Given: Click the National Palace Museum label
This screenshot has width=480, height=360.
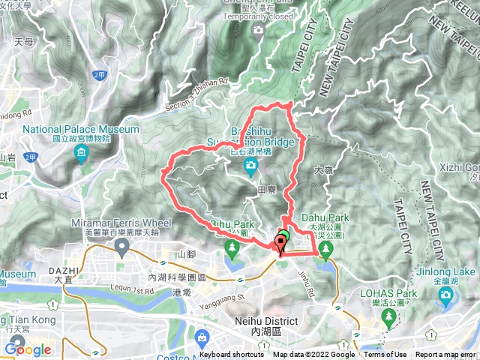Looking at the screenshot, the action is pyautogui.click(x=81, y=129).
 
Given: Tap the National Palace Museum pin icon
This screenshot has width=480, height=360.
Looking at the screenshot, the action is pyautogui.click(x=81, y=154).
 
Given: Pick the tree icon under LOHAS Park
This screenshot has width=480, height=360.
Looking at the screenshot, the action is pyautogui.click(x=388, y=318).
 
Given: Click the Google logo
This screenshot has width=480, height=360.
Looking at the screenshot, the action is pyautogui.click(x=28, y=349).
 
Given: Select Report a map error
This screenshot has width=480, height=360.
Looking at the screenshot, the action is pyautogui.click(x=447, y=355).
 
